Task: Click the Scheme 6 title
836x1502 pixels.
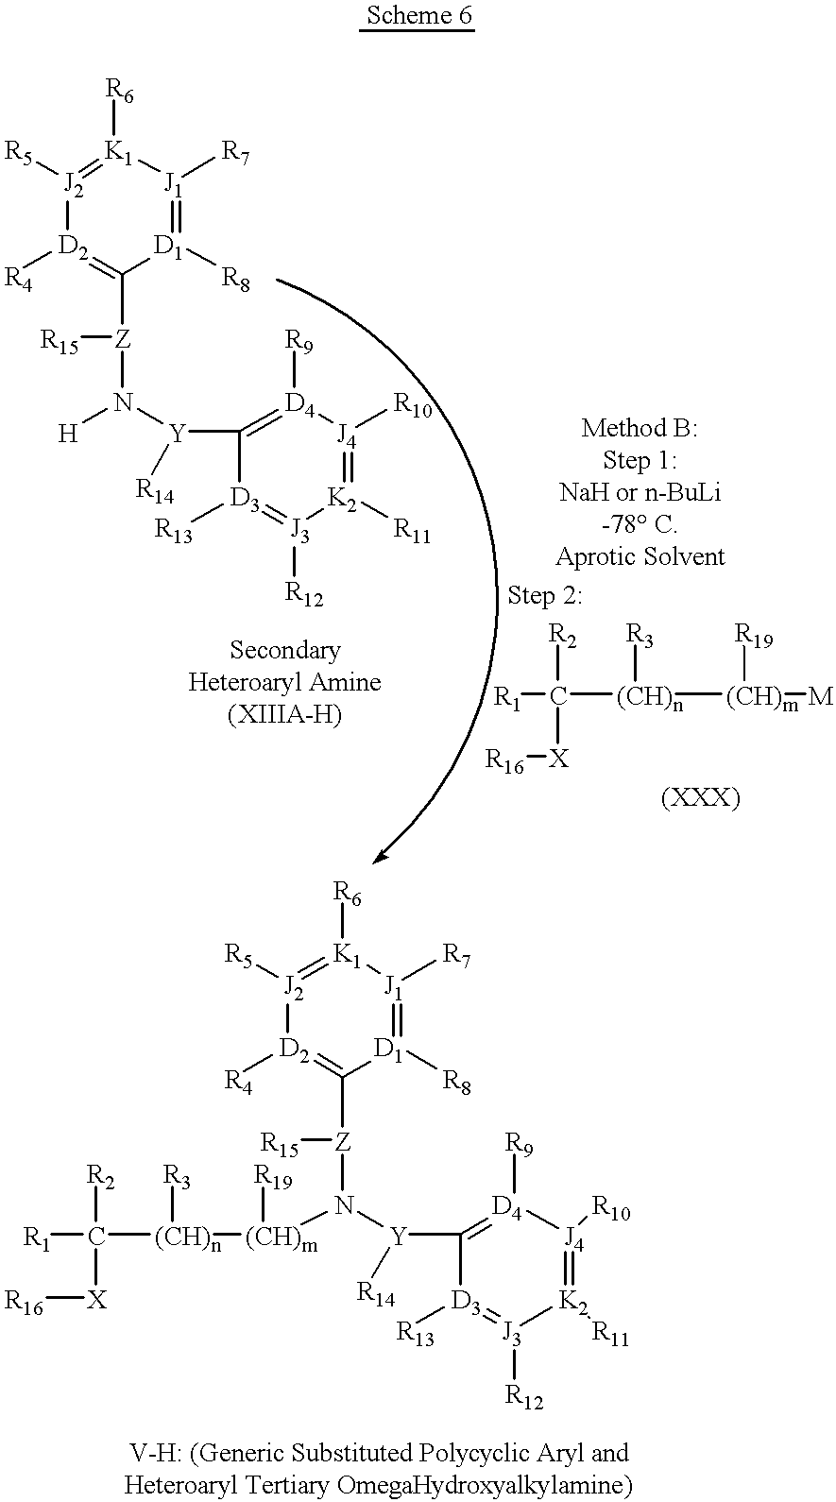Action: click(x=417, y=17)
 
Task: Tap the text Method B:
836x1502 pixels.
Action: click(x=640, y=428)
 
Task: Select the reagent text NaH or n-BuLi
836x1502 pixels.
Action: click(x=640, y=492)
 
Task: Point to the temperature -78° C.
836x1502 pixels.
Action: click(x=640, y=524)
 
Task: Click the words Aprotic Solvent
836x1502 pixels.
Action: click(x=640, y=556)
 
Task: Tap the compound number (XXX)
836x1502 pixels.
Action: click(x=700, y=798)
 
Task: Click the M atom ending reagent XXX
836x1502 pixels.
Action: click(x=821, y=698)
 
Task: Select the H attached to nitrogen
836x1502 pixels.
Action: click(x=68, y=434)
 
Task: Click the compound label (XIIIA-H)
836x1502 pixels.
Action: click(x=284, y=714)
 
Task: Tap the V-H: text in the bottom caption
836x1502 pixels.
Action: click(x=156, y=1452)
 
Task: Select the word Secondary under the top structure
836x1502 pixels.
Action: click(x=284, y=650)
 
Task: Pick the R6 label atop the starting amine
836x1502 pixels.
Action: click(x=119, y=91)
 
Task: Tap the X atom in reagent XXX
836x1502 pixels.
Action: click(x=559, y=758)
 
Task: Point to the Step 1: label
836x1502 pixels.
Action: click(x=640, y=460)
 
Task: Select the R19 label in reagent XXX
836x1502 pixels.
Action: click(x=754, y=640)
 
